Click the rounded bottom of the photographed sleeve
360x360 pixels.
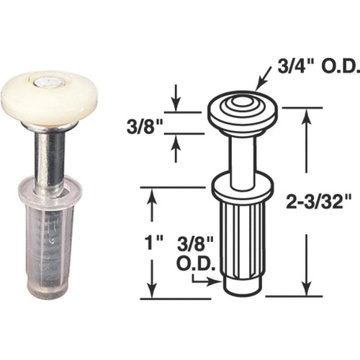[x=50, y=292]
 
